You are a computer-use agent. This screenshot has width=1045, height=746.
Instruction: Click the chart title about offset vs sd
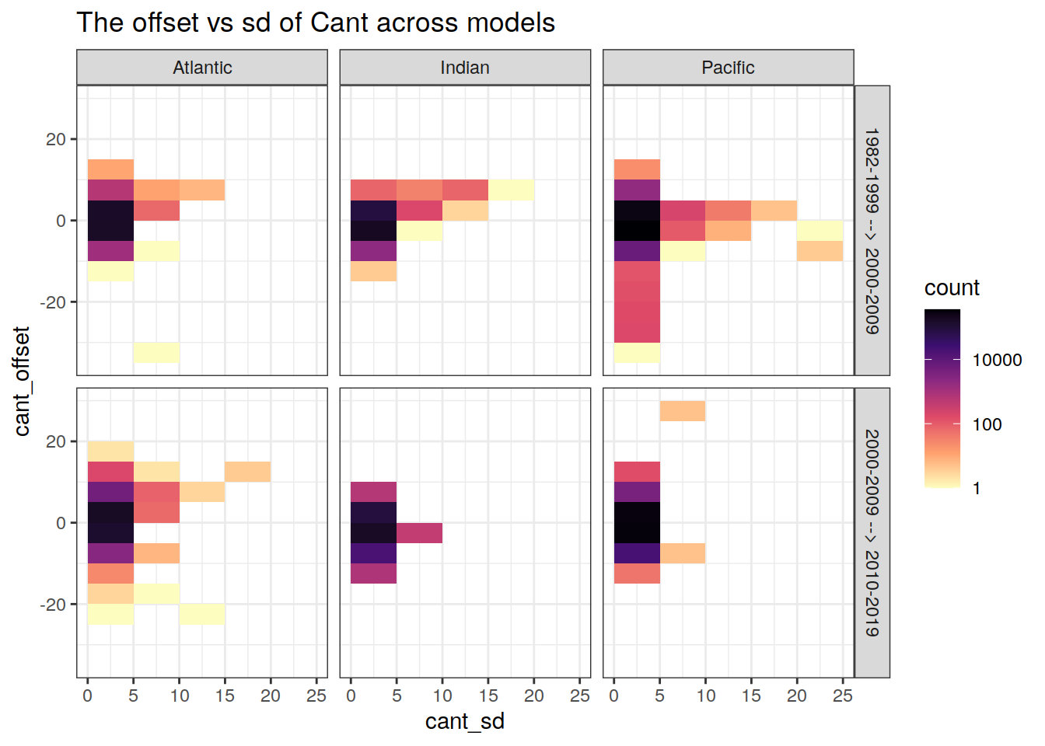[316, 23]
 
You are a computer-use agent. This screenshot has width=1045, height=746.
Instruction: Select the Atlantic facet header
[202, 68]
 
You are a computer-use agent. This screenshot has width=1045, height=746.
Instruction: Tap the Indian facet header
[465, 68]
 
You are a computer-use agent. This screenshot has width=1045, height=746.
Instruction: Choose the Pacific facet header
[728, 68]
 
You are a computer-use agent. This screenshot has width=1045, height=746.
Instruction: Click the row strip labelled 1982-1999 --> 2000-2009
[872, 231]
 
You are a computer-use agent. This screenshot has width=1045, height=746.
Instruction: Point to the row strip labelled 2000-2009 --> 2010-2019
[872, 532]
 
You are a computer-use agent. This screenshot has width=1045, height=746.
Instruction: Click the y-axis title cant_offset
[22, 381]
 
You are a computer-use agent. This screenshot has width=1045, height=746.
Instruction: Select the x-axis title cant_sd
[465, 722]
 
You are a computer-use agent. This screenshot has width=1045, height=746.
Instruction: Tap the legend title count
[952, 288]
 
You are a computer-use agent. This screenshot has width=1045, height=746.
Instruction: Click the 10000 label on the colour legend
[997, 360]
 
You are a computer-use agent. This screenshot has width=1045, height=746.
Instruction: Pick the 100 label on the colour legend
[987, 424]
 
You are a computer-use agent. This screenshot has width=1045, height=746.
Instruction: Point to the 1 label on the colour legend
[977, 488]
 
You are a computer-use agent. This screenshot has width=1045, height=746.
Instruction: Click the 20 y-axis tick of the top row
[56, 139]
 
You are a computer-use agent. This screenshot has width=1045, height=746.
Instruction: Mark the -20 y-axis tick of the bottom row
[53, 604]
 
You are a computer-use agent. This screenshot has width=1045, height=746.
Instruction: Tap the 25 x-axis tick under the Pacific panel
[843, 695]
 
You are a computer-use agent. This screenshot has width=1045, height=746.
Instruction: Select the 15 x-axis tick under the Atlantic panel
[225, 695]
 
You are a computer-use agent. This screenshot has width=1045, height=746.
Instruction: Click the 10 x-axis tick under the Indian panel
[442, 695]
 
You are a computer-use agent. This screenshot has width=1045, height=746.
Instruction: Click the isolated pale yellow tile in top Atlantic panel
[156, 353]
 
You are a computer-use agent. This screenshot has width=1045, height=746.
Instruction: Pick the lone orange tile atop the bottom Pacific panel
[683, 411]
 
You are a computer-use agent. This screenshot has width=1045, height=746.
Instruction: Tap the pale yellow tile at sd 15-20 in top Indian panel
[511, 190]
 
